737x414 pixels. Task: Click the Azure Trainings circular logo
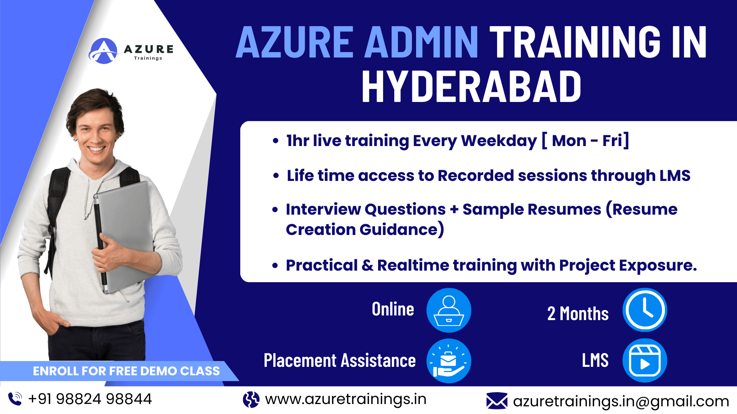(x=103, y=51)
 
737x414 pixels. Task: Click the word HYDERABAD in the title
(x=471, y=87)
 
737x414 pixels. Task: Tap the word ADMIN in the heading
(x=421, y=42)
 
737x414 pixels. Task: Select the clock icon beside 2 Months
(x=644, y=310)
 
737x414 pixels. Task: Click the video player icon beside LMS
(x=644, y=360)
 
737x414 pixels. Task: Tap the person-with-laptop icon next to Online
(x=449, y=310)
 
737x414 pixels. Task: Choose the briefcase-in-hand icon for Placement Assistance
(x=449, y=361)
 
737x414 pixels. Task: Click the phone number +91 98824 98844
(x=90, y=399)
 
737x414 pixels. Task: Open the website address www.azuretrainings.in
(x=345, y=399)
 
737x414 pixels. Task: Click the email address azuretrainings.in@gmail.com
(x=621, y=401)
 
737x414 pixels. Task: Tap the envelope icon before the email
(x=497, y=401)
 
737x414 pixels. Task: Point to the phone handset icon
(x=15, y=399)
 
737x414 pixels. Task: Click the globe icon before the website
(x=251, y=399)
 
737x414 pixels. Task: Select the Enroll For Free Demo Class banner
(x=126, y=371)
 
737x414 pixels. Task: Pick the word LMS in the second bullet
(x=675, y=176)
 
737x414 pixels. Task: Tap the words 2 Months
(x=578, y=314)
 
